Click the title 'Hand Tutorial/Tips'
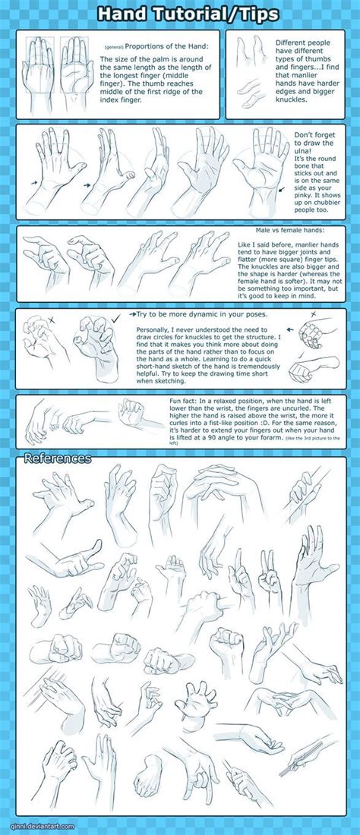[180, 14]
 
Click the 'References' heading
[58, 458]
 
